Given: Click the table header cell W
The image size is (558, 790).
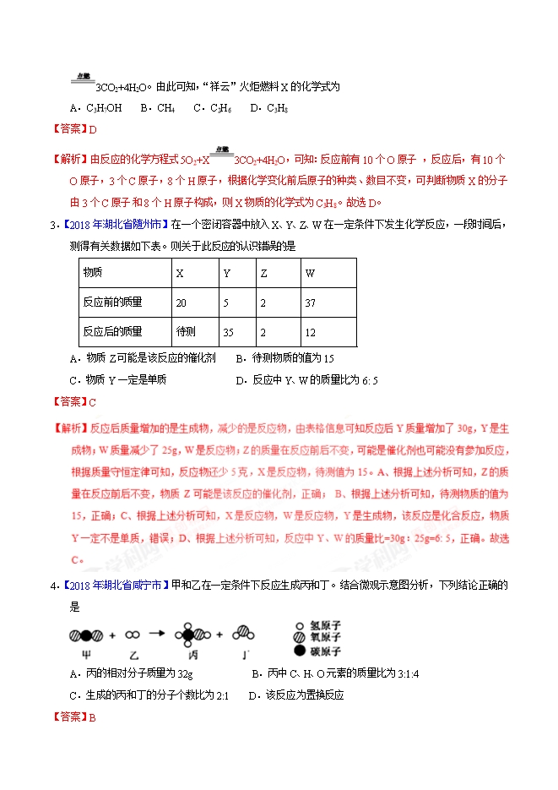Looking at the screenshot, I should click(x=310, y=273).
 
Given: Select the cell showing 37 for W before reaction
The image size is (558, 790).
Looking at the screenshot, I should click(x=311, y=302).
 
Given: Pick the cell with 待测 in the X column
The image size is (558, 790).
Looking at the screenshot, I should click(x=185, y=331).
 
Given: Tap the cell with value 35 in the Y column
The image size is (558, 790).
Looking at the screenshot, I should click(x=228, y=331).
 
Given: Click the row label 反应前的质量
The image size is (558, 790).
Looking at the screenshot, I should click(x=112, y=302).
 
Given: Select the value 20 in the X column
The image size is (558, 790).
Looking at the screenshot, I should click(x=181, y=302).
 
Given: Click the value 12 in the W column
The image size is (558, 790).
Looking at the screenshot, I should click(x=311, y=331).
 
